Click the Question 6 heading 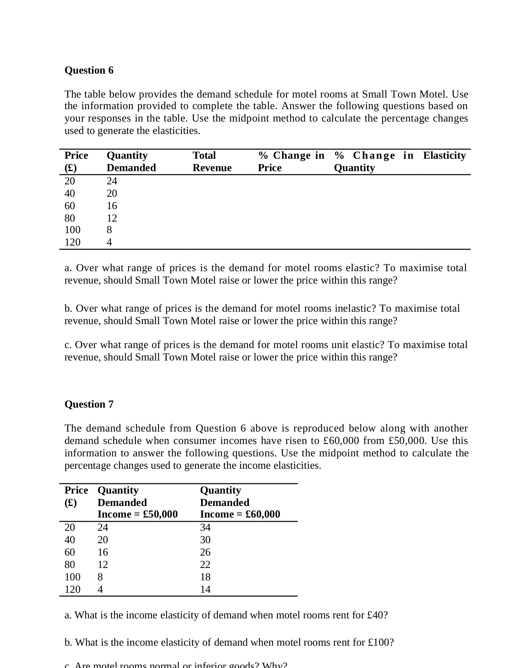89,70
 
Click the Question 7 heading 89,404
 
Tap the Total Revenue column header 212,161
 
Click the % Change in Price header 291,161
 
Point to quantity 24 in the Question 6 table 112,181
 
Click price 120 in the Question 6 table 72,242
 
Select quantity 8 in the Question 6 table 109,230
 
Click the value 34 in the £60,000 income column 205,527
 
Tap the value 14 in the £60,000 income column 205,589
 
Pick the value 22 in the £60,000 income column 205,564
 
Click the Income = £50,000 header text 137,514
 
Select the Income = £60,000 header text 240,514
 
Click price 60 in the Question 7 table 70,552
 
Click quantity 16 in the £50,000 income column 103,552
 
